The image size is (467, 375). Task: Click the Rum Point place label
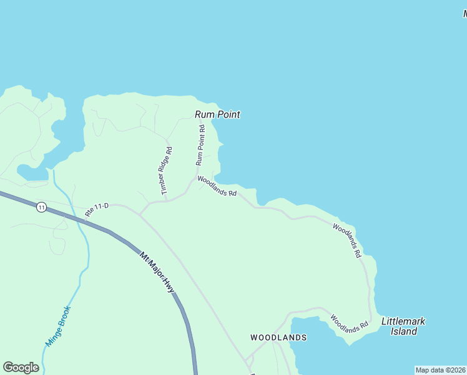point(217,114)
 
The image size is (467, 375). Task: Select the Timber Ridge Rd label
point(166,171)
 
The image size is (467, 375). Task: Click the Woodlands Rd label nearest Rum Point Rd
point(217,186)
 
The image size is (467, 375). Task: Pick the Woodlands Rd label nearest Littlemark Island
point(349,323)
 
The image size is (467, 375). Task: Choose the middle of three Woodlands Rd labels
point(347,241)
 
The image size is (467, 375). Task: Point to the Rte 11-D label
point(97,210)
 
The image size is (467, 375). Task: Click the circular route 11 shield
point(41,207)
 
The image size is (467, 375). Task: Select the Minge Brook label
point(59,326)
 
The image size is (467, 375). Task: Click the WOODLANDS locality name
point(278,337)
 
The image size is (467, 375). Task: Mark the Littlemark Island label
point(403,326)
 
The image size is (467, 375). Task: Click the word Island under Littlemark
point(404,332)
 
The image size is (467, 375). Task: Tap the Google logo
point(21,367)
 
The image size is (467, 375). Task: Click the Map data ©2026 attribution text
point(440,370)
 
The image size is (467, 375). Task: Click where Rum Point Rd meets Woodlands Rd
point(197,177)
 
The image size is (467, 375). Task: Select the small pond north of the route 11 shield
point(31,172)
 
